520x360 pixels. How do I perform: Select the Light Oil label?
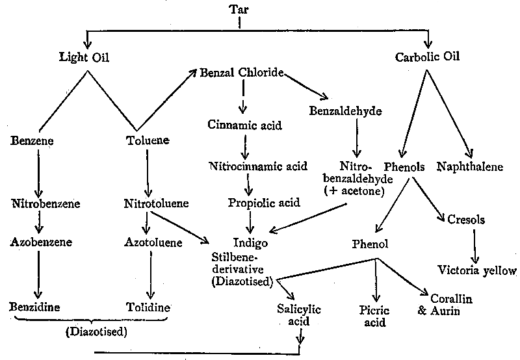click(x=83, y=58)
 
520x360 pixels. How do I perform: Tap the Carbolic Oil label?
click(x=428, y=57)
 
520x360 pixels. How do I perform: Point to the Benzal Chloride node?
click(x=242, y=72)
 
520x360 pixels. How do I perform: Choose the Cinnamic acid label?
click(x=245, y=125)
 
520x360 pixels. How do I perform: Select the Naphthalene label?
click(x=470, y=167)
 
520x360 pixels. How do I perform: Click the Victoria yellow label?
click(x=477, y=270)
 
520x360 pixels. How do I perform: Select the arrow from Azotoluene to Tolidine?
click(x=150, y=275)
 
